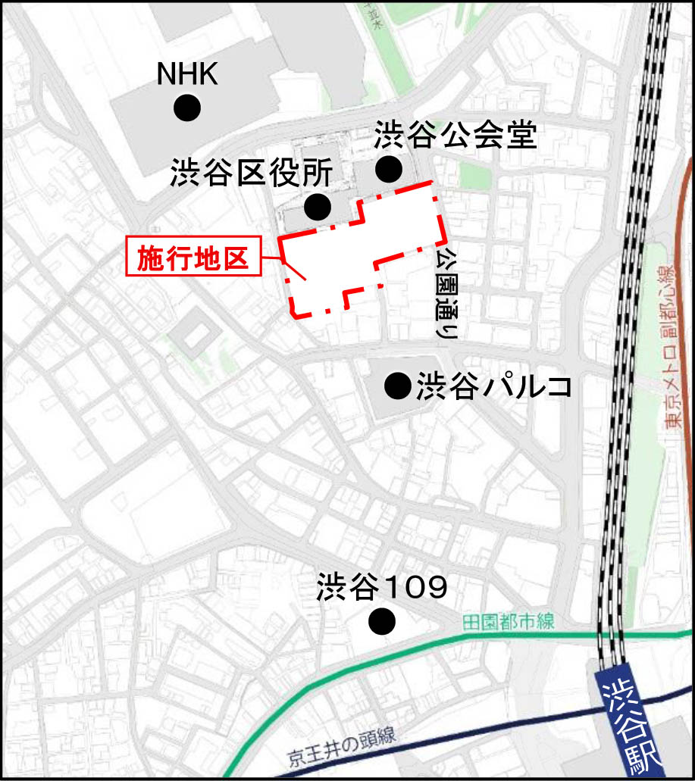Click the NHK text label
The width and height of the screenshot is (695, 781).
[x=187, y=74]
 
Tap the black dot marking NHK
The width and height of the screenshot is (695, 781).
[x=187, y=108]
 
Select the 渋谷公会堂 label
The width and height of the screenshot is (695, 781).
[x=456, y=137]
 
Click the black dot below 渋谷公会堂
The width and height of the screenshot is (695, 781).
[x=390, y=169]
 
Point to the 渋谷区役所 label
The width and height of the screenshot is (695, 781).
[x=251, y=173]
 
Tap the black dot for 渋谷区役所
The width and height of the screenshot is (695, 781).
[x=317, y=206]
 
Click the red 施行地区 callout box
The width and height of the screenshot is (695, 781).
[x=193, y=258]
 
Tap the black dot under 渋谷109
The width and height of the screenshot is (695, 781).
[x=382, y=622]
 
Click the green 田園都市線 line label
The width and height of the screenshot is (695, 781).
[x=508, y=623]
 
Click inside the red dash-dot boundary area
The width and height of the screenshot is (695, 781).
[x=364, y=242]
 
